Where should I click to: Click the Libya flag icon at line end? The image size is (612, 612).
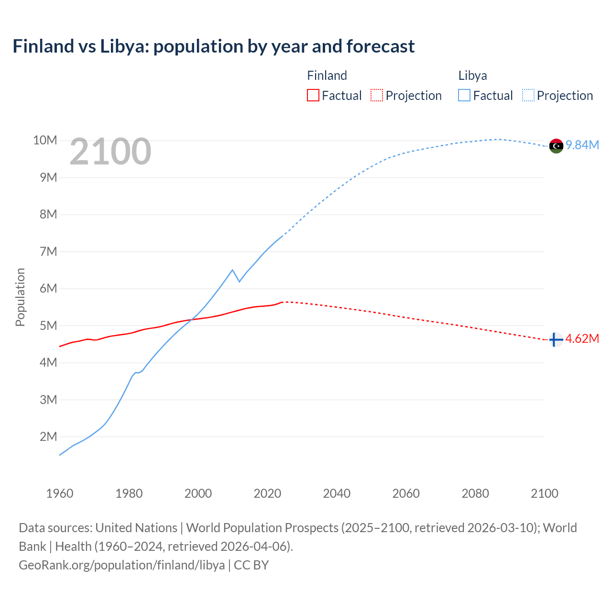pos(556,146)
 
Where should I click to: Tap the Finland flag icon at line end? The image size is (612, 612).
pos(556,339)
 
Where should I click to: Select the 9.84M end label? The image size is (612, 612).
pos(582,145)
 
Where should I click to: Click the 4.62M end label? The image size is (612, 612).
pos(582,339)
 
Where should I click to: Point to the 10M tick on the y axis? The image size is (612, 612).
pos(45,140)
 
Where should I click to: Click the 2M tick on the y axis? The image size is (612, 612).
pos(48,437)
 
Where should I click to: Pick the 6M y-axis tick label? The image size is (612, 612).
pos(48,288)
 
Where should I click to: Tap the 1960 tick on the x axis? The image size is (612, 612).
pos(60,493)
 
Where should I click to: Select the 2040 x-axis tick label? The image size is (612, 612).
pos(337,493)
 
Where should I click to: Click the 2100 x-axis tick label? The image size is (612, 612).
pos(544,493)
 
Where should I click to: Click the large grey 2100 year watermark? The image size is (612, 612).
pos(110,152)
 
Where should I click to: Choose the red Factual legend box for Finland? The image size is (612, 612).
pos(313,95)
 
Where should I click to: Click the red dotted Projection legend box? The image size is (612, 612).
pos(377,95)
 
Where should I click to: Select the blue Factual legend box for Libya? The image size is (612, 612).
pos(464,95)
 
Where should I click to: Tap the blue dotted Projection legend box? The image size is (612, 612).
pos(528,95)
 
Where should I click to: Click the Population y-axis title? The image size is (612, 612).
pos(20,297)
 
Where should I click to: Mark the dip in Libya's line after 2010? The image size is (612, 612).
pos(239,282)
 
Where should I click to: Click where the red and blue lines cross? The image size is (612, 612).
pos(192,319)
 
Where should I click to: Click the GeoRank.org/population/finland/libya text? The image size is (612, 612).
pos(122,565)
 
